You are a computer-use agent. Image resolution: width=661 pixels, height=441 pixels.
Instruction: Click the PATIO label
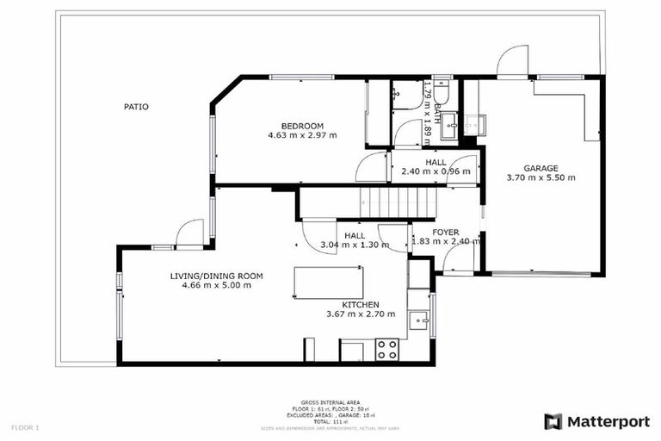(136, 108)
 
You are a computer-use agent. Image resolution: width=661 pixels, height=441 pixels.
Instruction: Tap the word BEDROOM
(302, 127)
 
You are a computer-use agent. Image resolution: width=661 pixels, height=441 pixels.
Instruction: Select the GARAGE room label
(541, 168)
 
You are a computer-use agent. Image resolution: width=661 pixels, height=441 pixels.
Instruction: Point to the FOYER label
(445, 233)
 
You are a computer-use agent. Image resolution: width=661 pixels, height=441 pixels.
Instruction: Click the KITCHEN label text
(360, 305)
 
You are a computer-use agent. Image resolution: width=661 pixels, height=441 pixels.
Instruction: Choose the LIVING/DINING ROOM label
(216, 276)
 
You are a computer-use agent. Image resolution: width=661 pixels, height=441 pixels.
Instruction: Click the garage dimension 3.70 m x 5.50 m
(541, 178)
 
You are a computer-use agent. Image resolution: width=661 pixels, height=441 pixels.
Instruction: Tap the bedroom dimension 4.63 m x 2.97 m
(302, 136)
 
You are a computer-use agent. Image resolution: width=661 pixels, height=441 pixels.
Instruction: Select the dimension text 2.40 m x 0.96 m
(436, 171)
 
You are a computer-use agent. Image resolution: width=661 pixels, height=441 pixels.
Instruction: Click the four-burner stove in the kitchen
(387, 350)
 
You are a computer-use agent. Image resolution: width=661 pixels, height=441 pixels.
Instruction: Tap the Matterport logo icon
(553, 421)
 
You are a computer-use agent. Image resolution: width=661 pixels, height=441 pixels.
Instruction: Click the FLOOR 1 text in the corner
(26, 427)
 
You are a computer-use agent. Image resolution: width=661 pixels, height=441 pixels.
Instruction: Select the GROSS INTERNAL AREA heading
(330, 401)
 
